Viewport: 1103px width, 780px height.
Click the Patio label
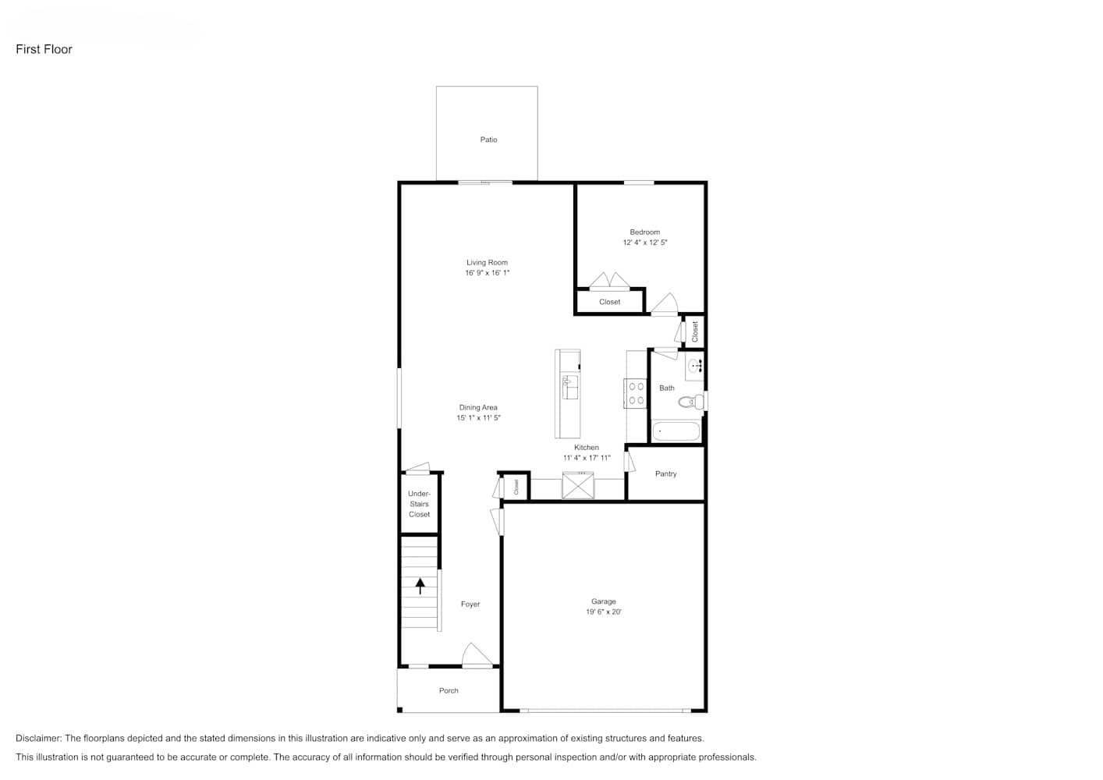pyautogui.click(x=488, y=140)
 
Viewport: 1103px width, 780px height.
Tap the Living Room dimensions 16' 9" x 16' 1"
pyautogui.click(x=487, y=273)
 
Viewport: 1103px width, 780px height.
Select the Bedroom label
pyautogui.click(x=644, y=232)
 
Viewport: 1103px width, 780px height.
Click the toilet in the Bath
pyautogui.click(x=691, y=402)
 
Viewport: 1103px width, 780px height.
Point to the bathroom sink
pyautogui.click(x=694, y=366)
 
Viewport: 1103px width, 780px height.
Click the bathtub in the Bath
pyautogui.click(x=676, y=431)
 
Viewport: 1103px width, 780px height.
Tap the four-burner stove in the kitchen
pyautogui.click(x=636, y=393)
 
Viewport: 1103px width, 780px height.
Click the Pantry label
pyautogui.click(x=665, y=473)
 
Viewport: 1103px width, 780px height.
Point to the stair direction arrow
pyautogui.click(x=420, y=586)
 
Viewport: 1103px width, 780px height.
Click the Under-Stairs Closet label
pyautogui.click(x=419, y=504)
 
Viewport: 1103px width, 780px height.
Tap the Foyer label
pyautogui.click(x=470, y=604)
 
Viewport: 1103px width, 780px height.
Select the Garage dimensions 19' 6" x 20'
pyautogui.click(x=604, y=612)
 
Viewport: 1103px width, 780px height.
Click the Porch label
pyautogui.click(x=449, y=691)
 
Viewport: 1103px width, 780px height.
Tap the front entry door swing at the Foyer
pyautogui.click(x=477, y=655)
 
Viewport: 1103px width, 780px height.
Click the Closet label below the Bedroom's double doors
pyautogui.click(x=609, y=302)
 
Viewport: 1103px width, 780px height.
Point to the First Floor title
pyautogui.click(x=44, y=49)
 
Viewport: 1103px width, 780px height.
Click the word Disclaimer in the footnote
pyautogui.click(x=38, y=738)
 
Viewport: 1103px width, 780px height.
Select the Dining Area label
pyautogui.click(x=478, y=408)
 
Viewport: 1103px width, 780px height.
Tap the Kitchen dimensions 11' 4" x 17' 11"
pyautogui.click(x=587, y=458)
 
